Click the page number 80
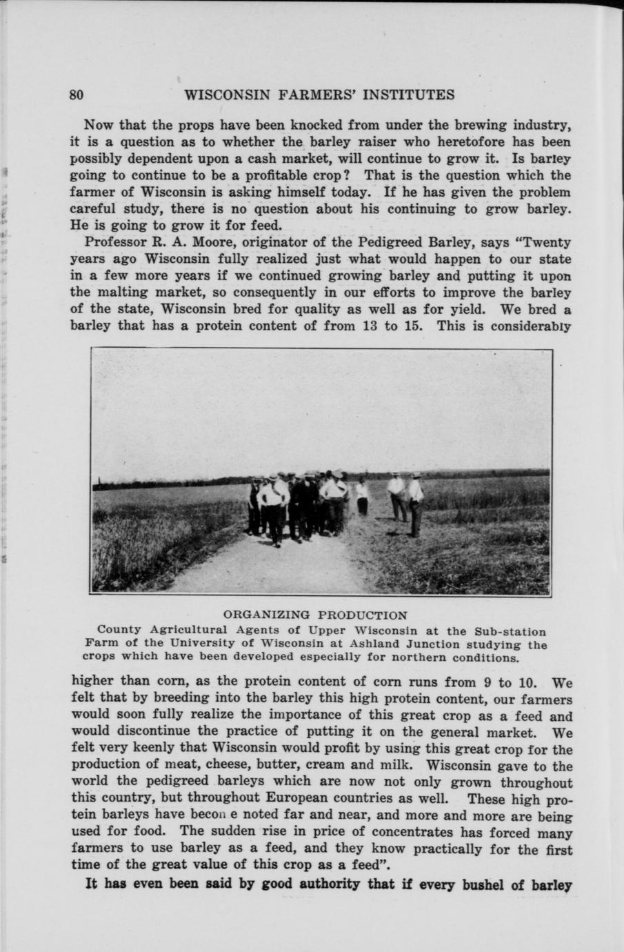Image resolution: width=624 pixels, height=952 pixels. (x=77, y=95)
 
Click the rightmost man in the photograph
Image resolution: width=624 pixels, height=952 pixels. (x=414, y=504)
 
